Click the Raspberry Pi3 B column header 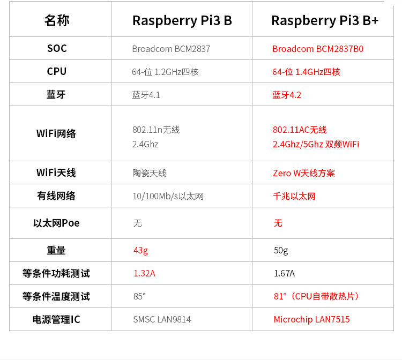coord(182,20)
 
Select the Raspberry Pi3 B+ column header coord(324,20)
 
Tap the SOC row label coord(57,49)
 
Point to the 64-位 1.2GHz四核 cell coord(165,72)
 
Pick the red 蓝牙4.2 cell coord(287,95)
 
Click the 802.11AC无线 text coord(300,130)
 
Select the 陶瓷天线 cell coord(149,173)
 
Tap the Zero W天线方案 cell coord(304,173)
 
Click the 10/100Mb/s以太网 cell coord(168,196)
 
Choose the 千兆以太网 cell coord(294,196)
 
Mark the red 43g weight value coord(141,250)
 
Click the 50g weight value coord(281,250)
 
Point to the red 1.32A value coord(144,273)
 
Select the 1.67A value coord(284,273)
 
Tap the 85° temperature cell coord(139,296)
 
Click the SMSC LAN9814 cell coord(161,319)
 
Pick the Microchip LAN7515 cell coord(311,319)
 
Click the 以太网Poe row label coord(56,223)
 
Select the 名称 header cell coord(57,20)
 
